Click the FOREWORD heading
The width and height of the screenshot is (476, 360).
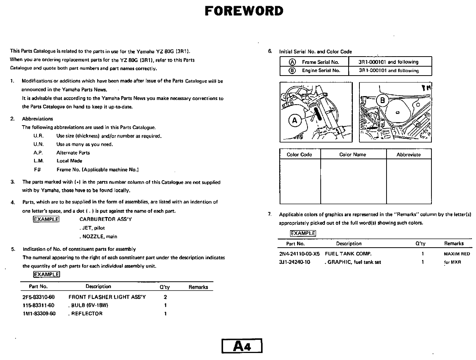(x=244, y=11)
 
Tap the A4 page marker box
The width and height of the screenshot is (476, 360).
(x=242, y=346)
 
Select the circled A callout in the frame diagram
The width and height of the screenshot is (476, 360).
(x=295, y=120)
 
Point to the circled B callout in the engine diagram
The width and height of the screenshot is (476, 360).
(x=383, y=101)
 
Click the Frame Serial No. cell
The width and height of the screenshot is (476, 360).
(x=320, y=62)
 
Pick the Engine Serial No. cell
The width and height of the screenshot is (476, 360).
(x=321, y=71)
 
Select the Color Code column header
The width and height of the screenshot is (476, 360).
(x=299, y=155)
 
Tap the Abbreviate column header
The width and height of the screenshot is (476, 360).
(x=408, y=155)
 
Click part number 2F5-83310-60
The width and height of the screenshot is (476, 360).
(x=38, y=297)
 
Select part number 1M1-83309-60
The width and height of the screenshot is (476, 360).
(x=39, y=314)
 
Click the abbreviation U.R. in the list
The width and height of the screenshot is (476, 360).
(x=38, y=136)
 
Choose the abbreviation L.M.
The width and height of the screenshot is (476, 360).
(x=39, y=161)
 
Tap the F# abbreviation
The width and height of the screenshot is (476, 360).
(x=38, y=170)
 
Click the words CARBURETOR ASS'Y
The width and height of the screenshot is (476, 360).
(x=105, y=219)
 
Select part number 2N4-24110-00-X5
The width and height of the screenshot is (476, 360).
(x=299, y=254)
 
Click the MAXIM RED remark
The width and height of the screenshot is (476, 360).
(x=457, y=254)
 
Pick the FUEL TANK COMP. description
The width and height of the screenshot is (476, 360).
(x=348, y=254)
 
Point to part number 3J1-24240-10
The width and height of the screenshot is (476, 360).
(x=294, y=262)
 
